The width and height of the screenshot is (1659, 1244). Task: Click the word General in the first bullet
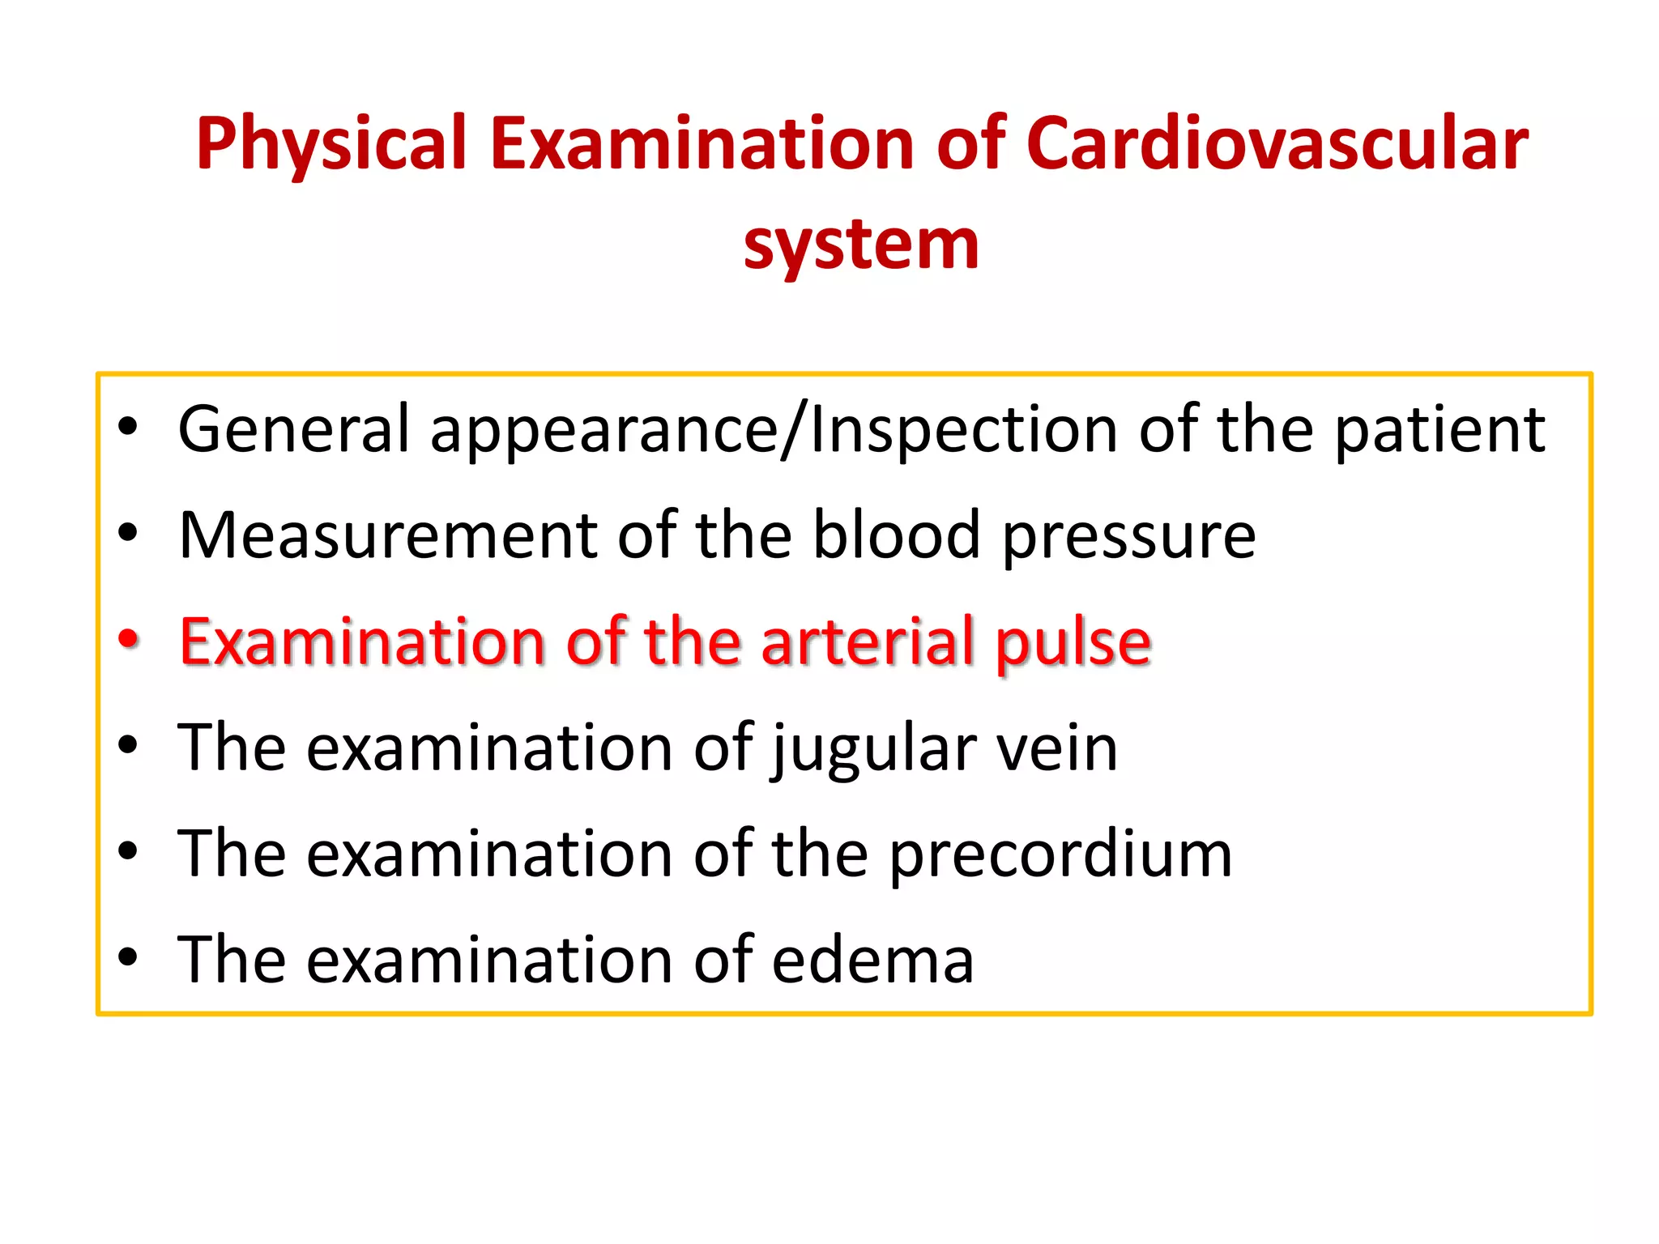pos(294,428)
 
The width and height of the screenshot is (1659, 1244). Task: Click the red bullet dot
pos(128,639)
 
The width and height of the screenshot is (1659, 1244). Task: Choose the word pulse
pos(1073,642)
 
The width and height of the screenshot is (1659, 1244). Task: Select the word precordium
pos(1060,855)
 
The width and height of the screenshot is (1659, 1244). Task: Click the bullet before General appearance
pos(128,427)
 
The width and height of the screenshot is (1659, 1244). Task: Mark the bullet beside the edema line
pos(128,957)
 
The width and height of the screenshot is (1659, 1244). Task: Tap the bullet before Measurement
pos(128,533)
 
